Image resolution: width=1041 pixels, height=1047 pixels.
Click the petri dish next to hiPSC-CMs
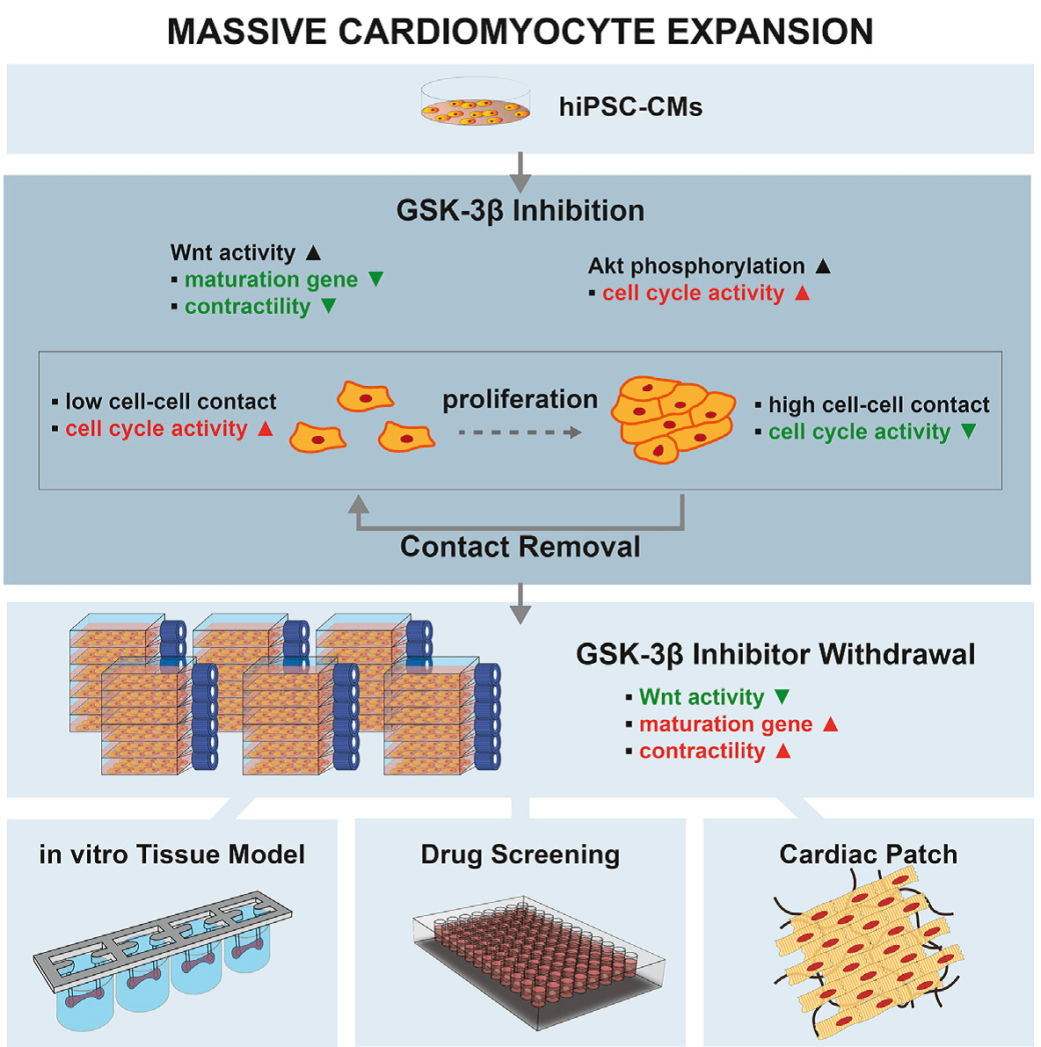476,103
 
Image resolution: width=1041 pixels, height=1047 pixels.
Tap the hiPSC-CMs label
630,107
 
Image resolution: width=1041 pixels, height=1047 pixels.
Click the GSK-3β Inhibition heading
520,211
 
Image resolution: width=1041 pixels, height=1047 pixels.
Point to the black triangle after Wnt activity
313,252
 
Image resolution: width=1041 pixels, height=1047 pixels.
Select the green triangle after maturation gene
375,280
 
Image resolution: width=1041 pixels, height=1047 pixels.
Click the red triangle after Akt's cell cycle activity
802,293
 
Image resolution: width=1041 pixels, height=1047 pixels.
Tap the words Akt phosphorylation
696,265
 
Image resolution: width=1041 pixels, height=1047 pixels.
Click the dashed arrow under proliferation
520,433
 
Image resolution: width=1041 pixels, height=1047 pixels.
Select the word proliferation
520,399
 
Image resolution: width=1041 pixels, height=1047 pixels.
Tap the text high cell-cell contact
878,404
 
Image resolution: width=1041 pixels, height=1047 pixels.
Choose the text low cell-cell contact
171,402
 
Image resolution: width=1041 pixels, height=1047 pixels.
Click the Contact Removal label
520,547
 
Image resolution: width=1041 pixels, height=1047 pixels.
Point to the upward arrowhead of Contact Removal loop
358,504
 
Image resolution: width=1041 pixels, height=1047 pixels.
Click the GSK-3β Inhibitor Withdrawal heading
775,655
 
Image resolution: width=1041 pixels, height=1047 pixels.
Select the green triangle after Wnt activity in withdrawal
782,696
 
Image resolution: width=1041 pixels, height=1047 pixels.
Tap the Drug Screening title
520,854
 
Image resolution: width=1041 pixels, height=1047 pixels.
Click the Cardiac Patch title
868,854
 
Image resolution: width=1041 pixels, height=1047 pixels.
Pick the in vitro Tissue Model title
172,854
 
